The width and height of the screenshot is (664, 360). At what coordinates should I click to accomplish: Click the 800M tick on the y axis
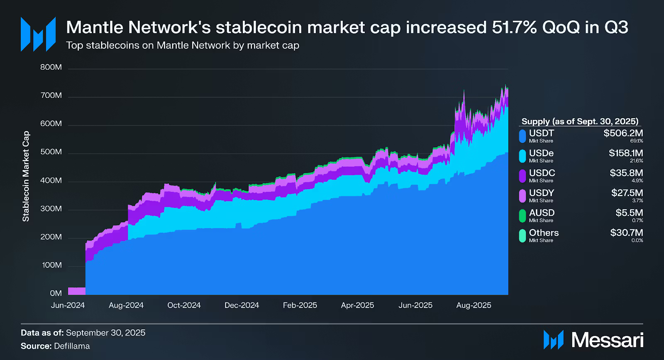pyautogui.click(x=51, y=67)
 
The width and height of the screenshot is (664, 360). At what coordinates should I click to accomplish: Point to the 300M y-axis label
pyautogui.click(x=51, y=209)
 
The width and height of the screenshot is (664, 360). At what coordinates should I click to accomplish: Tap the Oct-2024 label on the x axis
pyautogui.click(x=184, y=305)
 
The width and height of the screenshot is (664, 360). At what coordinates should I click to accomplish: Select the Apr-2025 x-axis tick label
pyautogui.click(x=357, y=305)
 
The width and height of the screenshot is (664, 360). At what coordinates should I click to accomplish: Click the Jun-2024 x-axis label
pyautogui.click(x=68, y=305)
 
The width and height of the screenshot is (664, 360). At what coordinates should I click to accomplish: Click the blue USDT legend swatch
pyautogui.click(x=522, y=136)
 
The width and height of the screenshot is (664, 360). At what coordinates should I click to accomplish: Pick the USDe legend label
pyautogui.click(x=541, y=153)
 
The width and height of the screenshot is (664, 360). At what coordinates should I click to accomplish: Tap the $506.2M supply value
pyautogui.click(x=623, y=133)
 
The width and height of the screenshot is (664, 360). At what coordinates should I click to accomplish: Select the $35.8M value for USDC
pyautogui.click(x=626, y=173)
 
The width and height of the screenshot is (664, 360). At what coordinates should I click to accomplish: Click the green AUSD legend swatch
pyautogui.click(x=522, y=216)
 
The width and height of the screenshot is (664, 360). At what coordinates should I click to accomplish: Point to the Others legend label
pyautogui.click(x=544, y=233)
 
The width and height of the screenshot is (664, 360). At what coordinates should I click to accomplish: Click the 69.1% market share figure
pyautogui.click(x=637, y=141)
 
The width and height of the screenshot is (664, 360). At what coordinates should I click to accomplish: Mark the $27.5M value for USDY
pyautogui.click(x=627, y=193)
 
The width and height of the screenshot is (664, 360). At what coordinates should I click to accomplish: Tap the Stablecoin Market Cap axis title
pyautogui.click(x=26, y=176)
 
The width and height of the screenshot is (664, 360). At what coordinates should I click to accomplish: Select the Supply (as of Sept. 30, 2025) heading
pyautogui.click(x=580, y=122)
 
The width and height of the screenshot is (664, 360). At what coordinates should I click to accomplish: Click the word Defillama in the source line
pyautogui.click(x=72, y=346)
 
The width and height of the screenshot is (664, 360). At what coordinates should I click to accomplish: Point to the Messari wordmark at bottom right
pyautogui.click(x=607, y=340)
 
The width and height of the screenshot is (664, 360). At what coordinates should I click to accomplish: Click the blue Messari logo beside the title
pyautogui.click(x=38, y=34)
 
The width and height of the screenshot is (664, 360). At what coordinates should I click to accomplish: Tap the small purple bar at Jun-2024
pyautogui.click(x=76, y=291)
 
